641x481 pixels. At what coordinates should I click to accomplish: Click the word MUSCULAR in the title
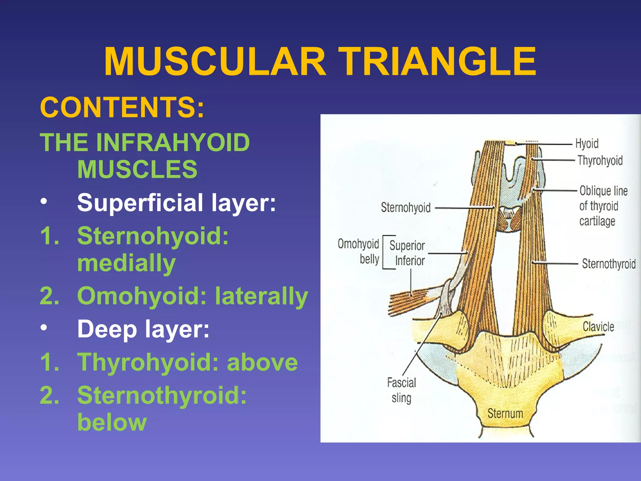[215, 62]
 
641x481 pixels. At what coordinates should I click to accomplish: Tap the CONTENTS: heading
[122, 107]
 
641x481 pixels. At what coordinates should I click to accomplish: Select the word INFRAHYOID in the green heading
[173, 143]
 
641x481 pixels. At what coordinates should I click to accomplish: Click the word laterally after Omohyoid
[262, 296]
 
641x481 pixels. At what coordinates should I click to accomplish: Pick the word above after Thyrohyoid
[262, 362]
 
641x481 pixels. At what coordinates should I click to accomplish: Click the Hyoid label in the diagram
[587, 143]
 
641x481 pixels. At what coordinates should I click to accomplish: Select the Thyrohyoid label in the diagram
[600, 160]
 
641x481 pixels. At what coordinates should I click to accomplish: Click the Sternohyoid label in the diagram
[406, 208]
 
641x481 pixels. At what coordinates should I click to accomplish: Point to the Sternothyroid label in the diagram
[609, 264]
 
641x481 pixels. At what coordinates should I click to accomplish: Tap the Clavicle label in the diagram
[598, 327]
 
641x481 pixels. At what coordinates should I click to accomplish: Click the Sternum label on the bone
[505, 413]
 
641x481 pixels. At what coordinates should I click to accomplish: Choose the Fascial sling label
[402, 390]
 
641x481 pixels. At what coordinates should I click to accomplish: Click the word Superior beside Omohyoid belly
[407, 246]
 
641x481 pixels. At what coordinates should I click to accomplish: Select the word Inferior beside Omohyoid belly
[410, 261]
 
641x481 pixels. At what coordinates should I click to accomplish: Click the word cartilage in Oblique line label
[597, 221]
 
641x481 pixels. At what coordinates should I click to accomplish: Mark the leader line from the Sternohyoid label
[463, 208]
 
